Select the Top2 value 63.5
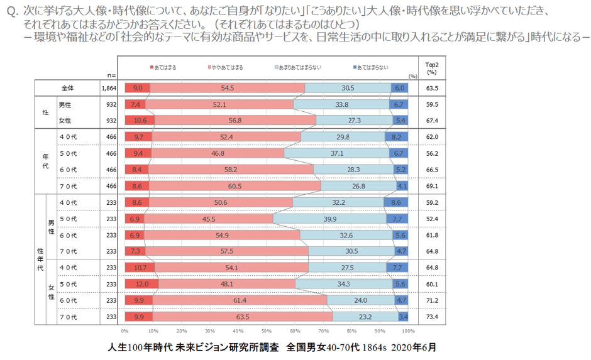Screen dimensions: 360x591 click(431, 89)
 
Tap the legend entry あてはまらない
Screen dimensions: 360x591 click(373, 67)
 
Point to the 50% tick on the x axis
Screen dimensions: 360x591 click(267, 331)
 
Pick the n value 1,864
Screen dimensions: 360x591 click(109, 89)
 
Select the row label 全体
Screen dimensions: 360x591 click(67, 89)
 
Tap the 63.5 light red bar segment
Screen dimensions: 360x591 click(242, 317)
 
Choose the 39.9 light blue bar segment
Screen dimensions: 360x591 click(329, 219)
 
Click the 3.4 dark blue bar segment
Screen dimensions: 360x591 click(404, 317)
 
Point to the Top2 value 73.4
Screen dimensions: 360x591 click(431, 317)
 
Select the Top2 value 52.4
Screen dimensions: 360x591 click(431, 219)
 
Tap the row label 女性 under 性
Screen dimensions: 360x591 click(64, 120)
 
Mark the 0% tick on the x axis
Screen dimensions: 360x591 click(125, 331)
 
